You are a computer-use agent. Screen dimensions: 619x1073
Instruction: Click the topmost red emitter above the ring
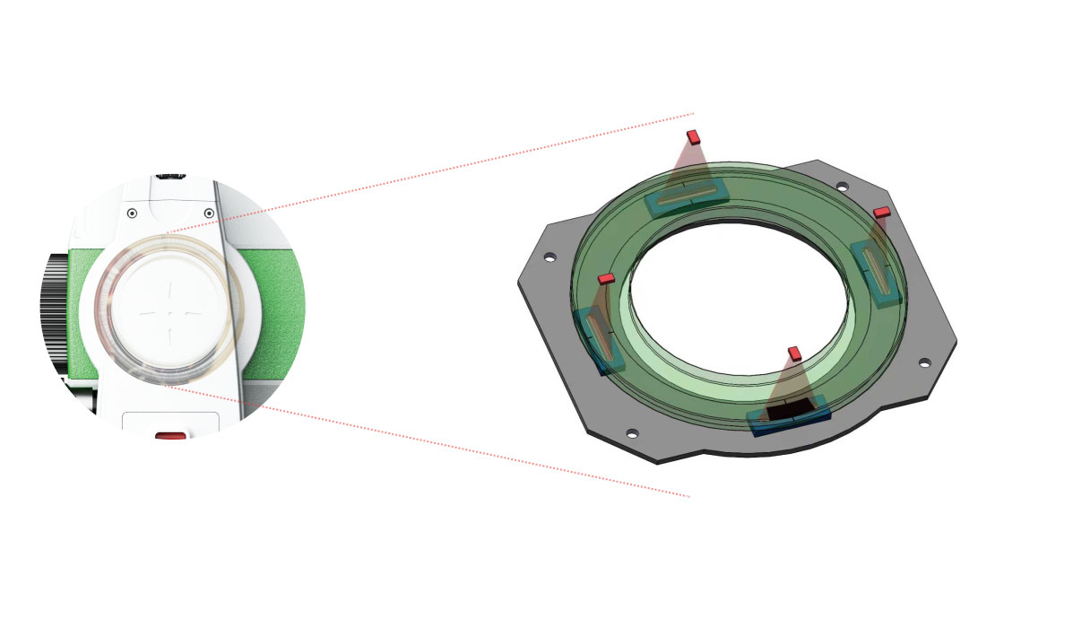tap(692, 136)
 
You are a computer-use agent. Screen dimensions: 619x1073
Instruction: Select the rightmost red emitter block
tap(881, 213)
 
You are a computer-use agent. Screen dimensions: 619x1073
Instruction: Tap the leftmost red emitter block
tap(606, 279)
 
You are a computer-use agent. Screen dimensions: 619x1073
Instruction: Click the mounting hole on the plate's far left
tap(549, 257)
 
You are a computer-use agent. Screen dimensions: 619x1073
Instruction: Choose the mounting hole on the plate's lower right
tap(924, 362)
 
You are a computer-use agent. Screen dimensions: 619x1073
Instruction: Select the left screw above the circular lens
tap(132, 213)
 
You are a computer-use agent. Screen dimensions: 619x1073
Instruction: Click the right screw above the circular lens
tap(209, 213)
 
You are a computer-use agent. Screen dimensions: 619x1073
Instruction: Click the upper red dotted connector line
tap(430, 171)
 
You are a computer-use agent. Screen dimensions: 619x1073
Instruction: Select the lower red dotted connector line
tap(430, 440)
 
